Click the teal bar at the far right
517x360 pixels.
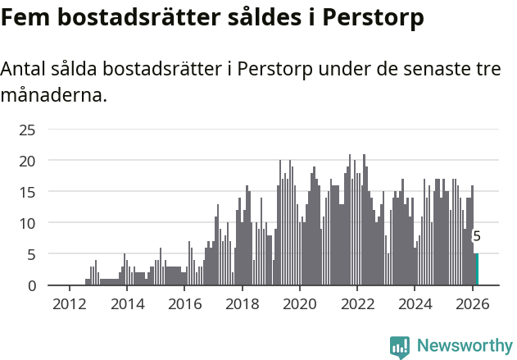pos(477,270)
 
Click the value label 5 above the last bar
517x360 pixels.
pos(477,236)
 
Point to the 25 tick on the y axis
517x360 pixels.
pos(27,130)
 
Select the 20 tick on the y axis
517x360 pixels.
pos(27,161)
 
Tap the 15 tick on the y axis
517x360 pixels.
pos(27,192)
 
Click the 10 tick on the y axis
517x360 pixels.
pos(27,223)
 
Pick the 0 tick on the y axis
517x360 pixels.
pos(31,285)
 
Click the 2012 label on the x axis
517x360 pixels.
pos(69,303)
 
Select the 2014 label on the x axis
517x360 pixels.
pos(126,303)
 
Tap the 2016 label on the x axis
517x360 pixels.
pos(184,303)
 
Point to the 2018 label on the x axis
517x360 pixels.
pos(242,303)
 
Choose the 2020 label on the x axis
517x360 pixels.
pos(300,303)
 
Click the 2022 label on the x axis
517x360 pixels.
pos(357,303)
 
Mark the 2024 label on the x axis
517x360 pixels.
pos(415,303)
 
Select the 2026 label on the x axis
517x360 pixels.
pos(473,303)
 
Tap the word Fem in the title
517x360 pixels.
pos(23,16)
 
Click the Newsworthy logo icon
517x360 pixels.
pos(400,347)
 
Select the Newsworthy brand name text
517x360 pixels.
pos(464,346)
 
